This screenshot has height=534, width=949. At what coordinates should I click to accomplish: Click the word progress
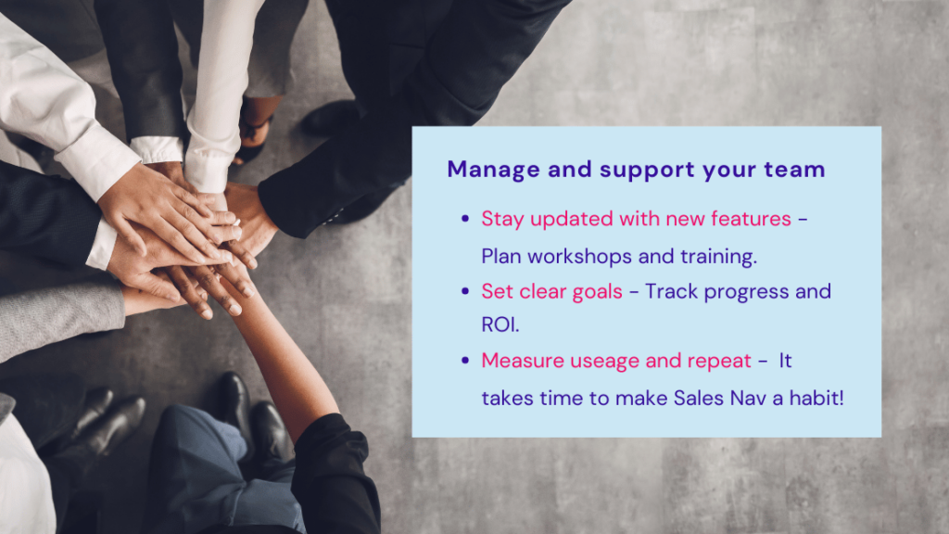pyautogui.click(x=743, y=291)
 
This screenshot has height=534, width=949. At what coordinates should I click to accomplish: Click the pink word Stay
pyautogui.click(x=501, y=220)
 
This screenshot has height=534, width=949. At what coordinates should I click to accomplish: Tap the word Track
pyautogui.click(x=669, y=291)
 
